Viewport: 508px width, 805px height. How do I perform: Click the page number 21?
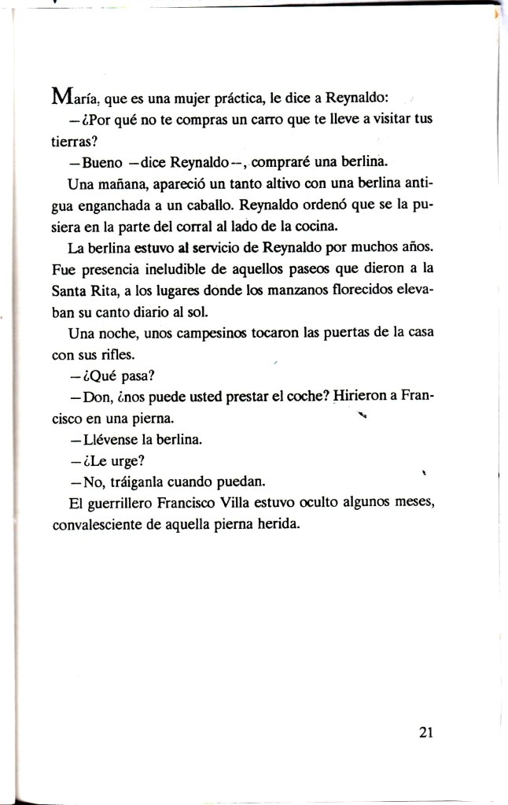coord(426,732)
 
